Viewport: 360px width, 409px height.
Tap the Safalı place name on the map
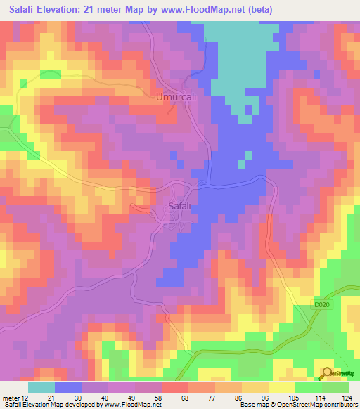click(x=182, y=206)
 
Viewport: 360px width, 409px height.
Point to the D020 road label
click(x=321, y=304)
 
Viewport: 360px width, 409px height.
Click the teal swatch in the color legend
click(x=41, y=387)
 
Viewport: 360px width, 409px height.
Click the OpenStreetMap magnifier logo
click(x=327, y=374)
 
